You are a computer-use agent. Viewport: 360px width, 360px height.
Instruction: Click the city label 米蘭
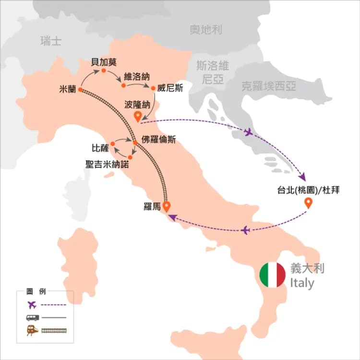tap(67, 89)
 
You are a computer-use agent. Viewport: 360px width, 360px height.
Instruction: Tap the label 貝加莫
tap(104, 61)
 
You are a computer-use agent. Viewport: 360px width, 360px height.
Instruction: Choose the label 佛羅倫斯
tap(158, 140)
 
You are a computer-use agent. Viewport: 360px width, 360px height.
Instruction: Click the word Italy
tap(302, 283)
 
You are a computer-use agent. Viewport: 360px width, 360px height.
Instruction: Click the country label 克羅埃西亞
tap(268, 86)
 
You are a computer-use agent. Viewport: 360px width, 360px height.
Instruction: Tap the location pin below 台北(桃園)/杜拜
tap(309, 204)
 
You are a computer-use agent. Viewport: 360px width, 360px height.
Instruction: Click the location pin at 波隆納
tap(138, 116)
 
